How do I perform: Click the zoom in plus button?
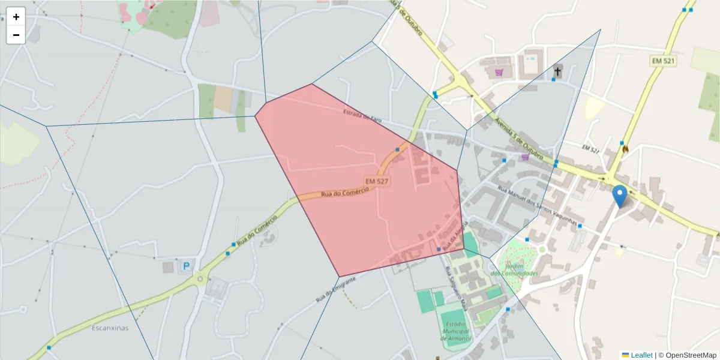(16, 17)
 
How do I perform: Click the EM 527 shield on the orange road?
(377, 181)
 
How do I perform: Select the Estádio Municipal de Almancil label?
(457, 331)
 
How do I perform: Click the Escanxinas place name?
(110, 328)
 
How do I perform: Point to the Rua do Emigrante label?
(340, 289)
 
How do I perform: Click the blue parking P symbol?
(186, 265)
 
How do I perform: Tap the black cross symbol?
(557, 72)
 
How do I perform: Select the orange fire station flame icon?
(625, 149)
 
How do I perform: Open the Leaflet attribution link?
(641, 355)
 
